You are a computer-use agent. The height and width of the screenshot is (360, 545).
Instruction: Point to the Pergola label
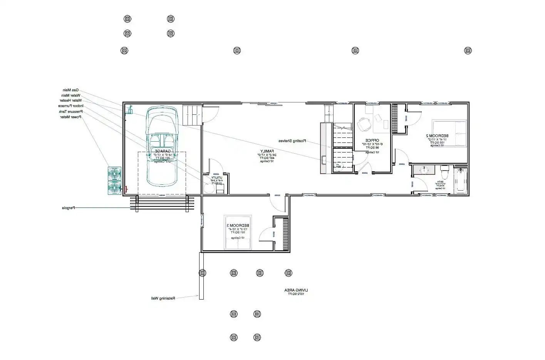69,208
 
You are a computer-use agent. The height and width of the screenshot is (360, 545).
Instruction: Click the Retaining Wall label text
163,298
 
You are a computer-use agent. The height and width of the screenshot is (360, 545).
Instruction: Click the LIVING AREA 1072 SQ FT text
296,292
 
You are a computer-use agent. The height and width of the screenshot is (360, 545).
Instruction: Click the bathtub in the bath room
461,181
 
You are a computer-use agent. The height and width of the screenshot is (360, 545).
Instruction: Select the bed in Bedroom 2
449,133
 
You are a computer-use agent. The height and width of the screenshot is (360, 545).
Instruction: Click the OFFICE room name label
372,140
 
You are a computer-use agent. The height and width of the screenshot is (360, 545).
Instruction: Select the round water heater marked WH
339,166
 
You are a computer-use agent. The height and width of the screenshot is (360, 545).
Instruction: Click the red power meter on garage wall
126,189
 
